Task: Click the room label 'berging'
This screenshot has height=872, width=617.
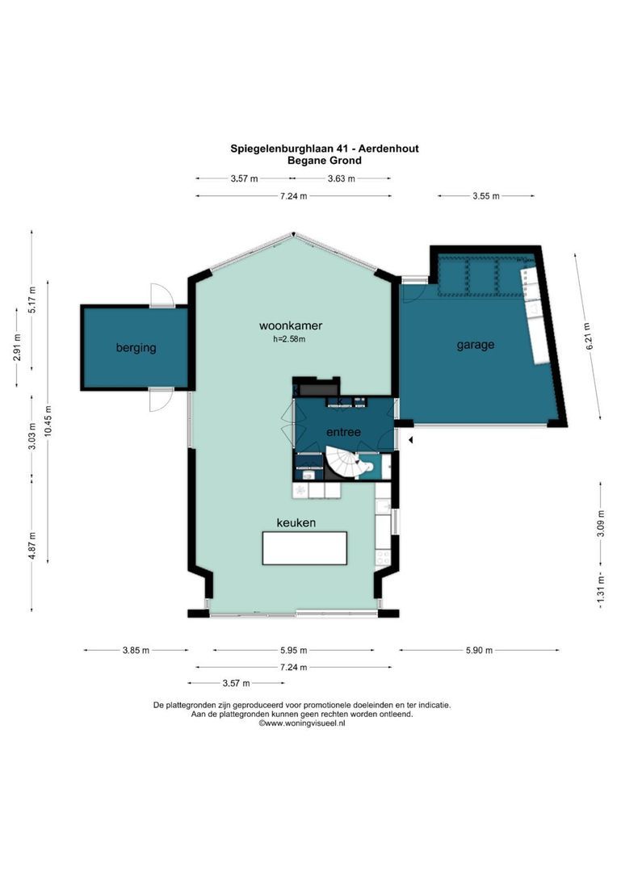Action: coord(136,348)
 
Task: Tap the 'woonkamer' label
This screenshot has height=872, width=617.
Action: coord(291,326)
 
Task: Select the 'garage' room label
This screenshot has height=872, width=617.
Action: coord(475,345)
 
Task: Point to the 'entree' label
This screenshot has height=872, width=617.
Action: coord(343,432)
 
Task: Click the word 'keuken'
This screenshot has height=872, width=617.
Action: coord(296,523)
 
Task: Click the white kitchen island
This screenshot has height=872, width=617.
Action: coord(304,548)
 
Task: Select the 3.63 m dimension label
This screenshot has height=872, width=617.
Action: coord(341,178)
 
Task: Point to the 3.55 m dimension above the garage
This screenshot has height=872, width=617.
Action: coord(485,195)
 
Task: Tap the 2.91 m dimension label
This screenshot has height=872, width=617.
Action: coord(17,346)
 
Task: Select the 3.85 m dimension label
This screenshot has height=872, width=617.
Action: coord(136,650)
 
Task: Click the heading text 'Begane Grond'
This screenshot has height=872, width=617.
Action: coord(324,160)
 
